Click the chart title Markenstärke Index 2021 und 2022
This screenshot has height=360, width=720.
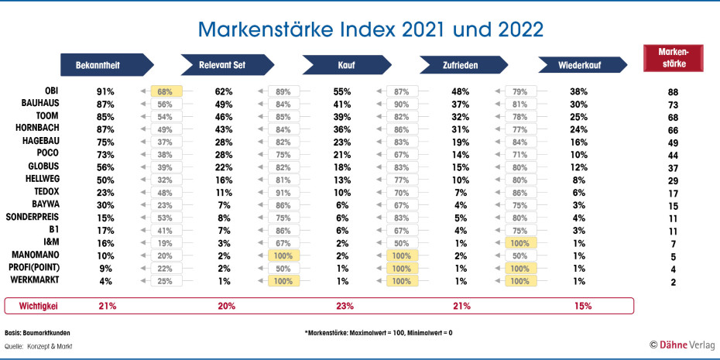click(370, 29)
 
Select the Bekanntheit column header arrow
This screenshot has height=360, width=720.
click(107, 65)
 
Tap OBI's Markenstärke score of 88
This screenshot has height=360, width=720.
click(673, 92)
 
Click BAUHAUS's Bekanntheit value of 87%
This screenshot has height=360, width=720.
click(105, 104)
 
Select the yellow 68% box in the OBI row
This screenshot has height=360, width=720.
click(164, 91)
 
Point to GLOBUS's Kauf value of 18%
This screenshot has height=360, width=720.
click(342, 166)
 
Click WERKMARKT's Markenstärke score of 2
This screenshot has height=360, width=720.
click(673, 283)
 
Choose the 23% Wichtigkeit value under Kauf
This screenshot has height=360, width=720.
click(342, 306)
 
